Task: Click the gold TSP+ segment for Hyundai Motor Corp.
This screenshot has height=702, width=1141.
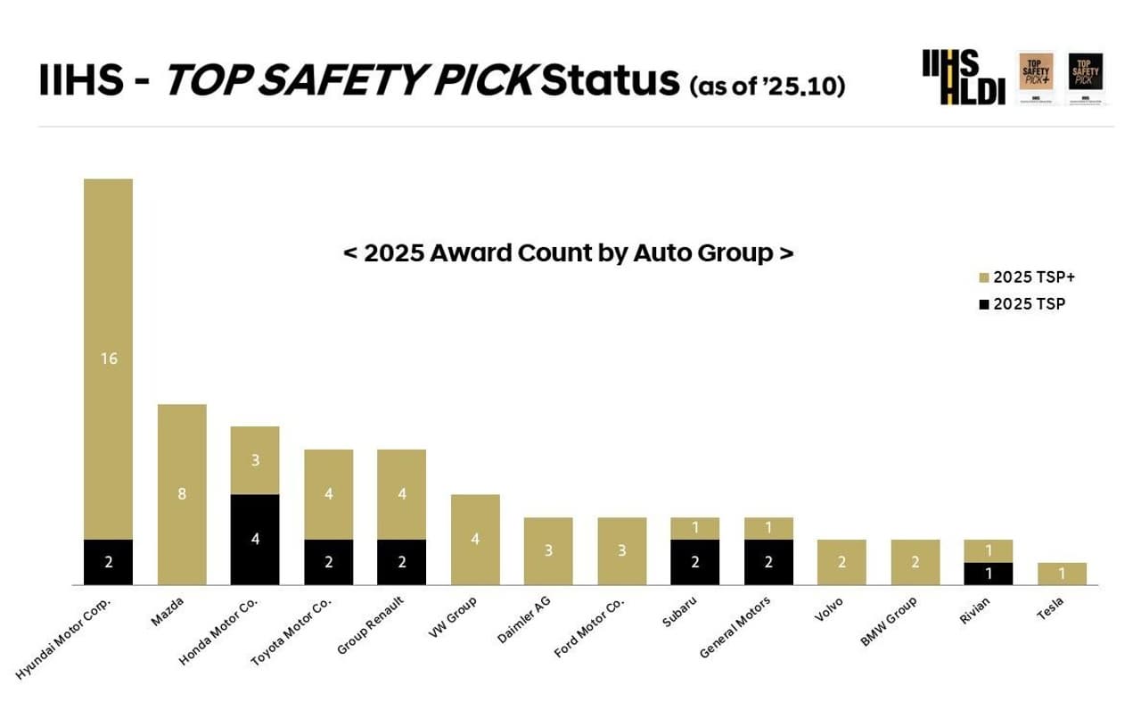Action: pos(108,359)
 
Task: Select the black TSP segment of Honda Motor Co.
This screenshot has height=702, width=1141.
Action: pos(255,539)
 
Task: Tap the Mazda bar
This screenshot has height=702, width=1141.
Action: pos(182,494)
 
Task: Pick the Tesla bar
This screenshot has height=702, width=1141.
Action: pos(1062,574)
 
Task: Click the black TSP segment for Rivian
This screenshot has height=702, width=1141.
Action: pos(989,574)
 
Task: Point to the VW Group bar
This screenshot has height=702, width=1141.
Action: pos(475,539)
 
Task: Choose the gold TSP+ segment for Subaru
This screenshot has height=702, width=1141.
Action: pos(695,528)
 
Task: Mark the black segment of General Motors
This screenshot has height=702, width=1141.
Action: pos(768,562)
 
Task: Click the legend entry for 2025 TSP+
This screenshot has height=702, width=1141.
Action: pos(1026,277)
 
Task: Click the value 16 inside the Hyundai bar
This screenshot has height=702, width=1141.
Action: pos(108,359)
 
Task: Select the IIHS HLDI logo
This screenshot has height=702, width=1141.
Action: pos(963,78)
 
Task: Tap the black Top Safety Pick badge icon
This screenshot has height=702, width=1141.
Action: pos(1085,78)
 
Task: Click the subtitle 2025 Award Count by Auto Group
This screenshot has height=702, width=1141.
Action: pos(568,253)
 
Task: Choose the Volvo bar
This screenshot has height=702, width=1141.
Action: pos(841,562)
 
